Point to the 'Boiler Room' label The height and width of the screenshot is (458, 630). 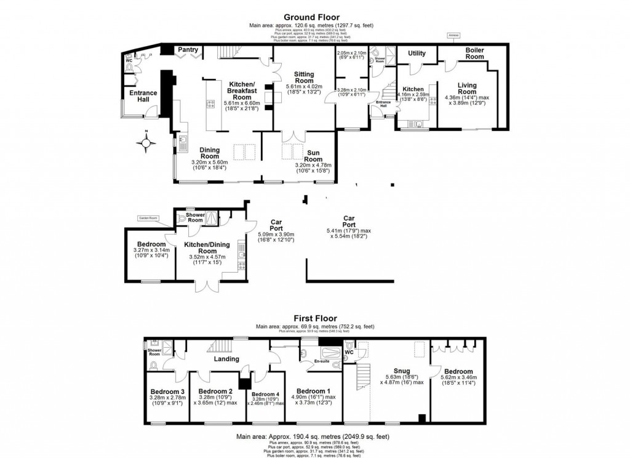[474, 53]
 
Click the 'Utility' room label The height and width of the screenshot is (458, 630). [417, 54]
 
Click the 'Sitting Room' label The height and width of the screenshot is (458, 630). [304, 77]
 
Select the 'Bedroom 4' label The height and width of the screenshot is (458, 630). [265, 395]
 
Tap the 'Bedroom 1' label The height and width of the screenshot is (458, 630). [314, 391]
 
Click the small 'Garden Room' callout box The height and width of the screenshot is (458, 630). [148, 218]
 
